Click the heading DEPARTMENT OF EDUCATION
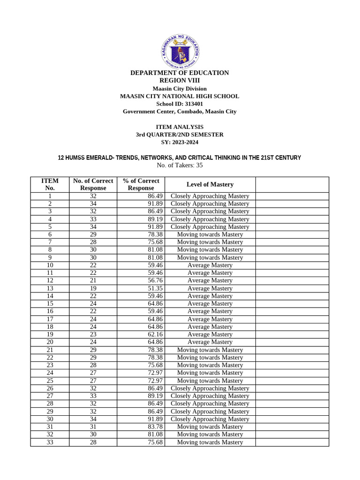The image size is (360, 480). [x=180, y=73]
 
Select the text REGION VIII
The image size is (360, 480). [x=180, y=81]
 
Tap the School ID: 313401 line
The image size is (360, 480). [x=180, y=104]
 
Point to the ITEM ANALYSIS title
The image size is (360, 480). [x=180, y=127]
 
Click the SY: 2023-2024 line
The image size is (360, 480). [x=180, y=142]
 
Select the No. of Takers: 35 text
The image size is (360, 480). [x=180, y=165]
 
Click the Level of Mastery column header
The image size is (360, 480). [x=210, y=184]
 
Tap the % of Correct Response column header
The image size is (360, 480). [x=141, y=184]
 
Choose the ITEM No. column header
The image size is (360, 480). [x=50, y=184]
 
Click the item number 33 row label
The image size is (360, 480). [x=50, y=442]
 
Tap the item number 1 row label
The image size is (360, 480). [x=50, y=196]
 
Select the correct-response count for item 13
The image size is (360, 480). [x=93, y=288]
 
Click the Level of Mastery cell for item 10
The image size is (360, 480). [x=210, y=265]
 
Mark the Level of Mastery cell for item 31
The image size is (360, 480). [x=210, y=427]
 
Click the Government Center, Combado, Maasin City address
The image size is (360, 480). [x=180, y=112]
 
